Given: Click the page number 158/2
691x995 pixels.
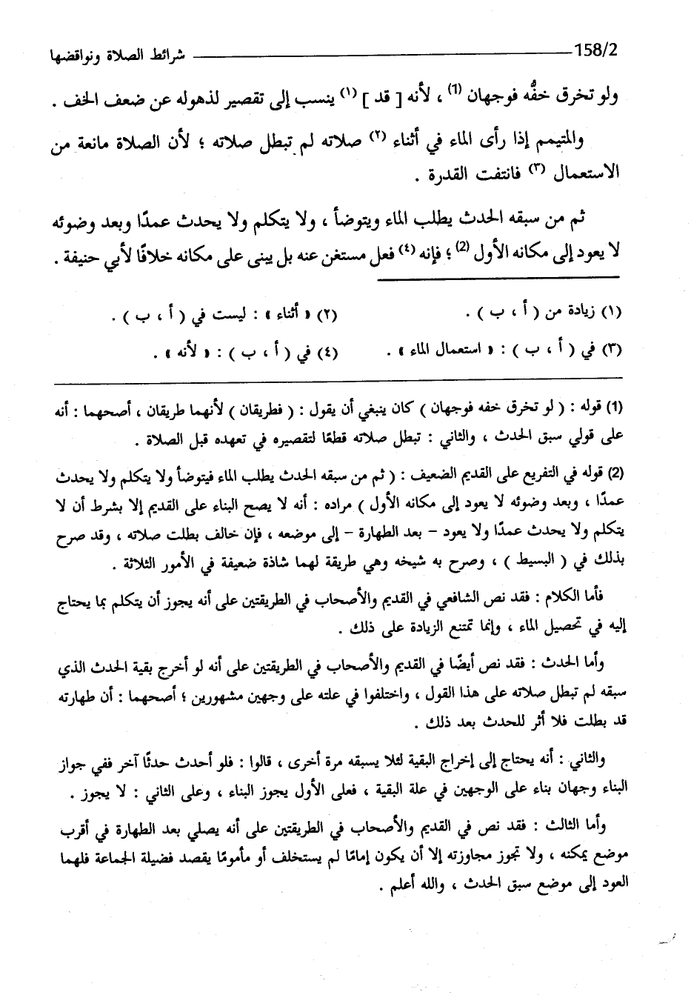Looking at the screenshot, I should click(x=596, y=53).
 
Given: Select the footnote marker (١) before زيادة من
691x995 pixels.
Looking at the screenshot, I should click(x=610, y=314).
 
